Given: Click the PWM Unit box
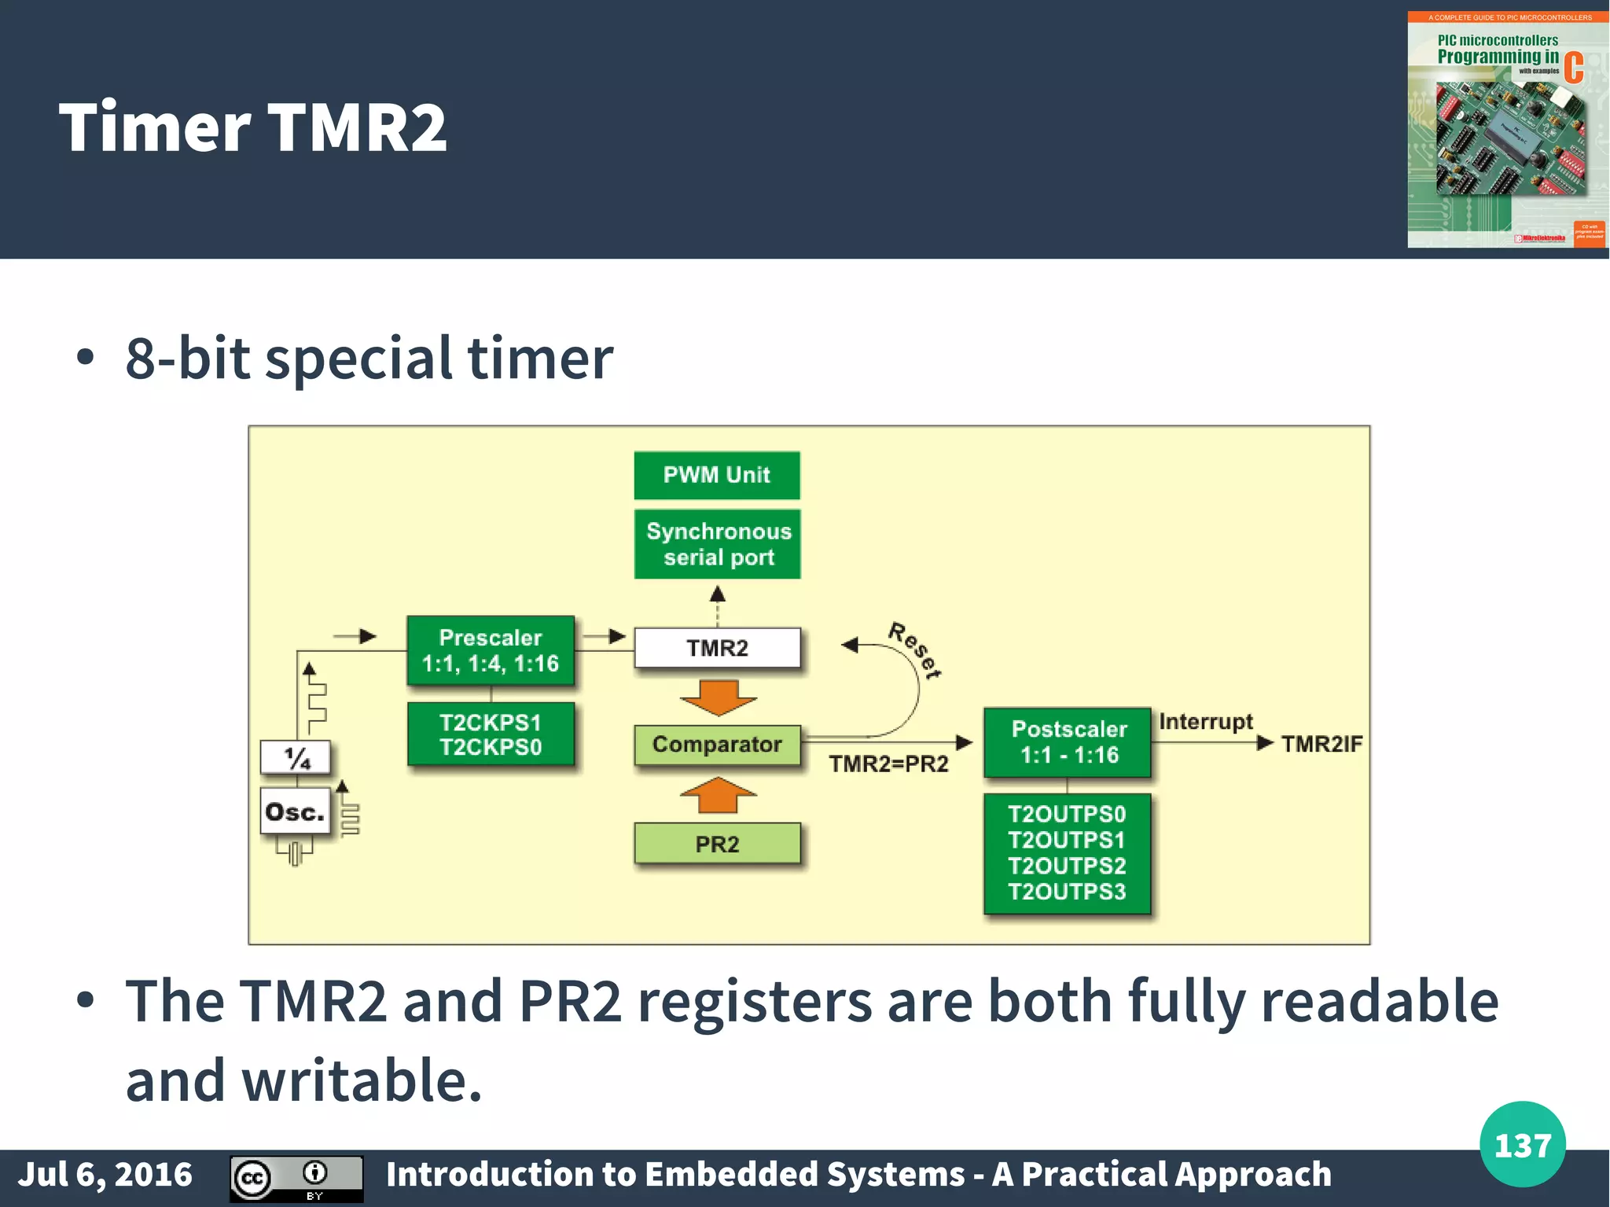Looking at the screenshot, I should point(717,475).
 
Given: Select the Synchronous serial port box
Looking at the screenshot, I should point(717,544).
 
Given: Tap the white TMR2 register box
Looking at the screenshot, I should point(717,648).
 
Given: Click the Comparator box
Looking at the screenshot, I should point(717,745).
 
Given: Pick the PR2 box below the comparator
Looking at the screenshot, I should point(717,844).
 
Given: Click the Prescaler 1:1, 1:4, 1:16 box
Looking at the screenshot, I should point(491,650).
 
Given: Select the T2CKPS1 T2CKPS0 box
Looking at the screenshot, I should point(491,734).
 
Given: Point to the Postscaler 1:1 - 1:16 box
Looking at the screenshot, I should point(1068,742).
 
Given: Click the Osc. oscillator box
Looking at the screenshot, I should point(295,812).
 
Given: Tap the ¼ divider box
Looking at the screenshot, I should point(296,758).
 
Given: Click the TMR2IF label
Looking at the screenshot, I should point(1321,744).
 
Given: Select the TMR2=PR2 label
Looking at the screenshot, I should point(888,764).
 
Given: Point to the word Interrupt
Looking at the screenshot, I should point(1206,722).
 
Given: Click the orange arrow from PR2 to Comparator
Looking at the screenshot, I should point(718,795).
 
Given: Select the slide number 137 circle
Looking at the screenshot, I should point(1522,1145).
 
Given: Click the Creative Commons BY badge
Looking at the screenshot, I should point(296,1178).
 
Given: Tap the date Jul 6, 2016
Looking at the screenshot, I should point(105,1175).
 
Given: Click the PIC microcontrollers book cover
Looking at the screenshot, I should point(1506,130).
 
